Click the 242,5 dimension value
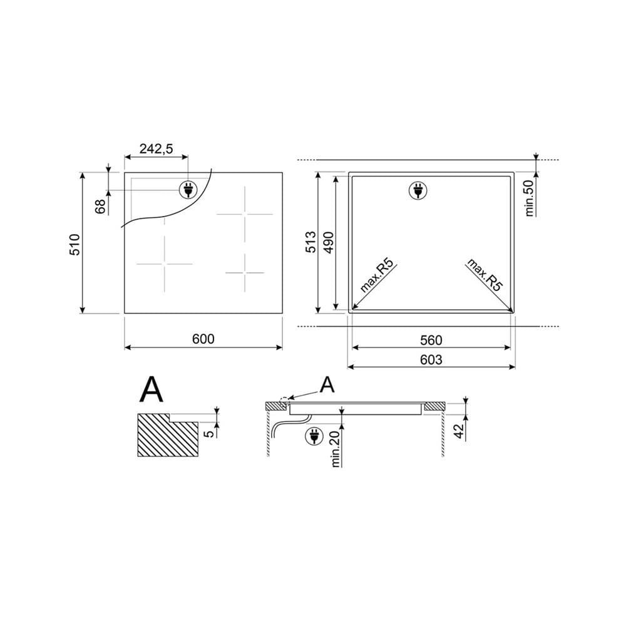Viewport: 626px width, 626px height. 156,149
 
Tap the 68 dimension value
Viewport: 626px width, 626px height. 100,207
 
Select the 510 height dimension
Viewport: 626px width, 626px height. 74,244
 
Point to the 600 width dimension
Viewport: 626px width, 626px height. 203,339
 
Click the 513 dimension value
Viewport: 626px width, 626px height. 310,242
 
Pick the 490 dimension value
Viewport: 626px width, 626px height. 329,242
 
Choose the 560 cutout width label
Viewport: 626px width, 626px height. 431,340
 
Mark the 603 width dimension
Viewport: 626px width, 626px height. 431,360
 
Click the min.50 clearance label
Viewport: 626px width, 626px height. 530,198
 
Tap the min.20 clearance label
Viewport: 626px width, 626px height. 336,449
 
